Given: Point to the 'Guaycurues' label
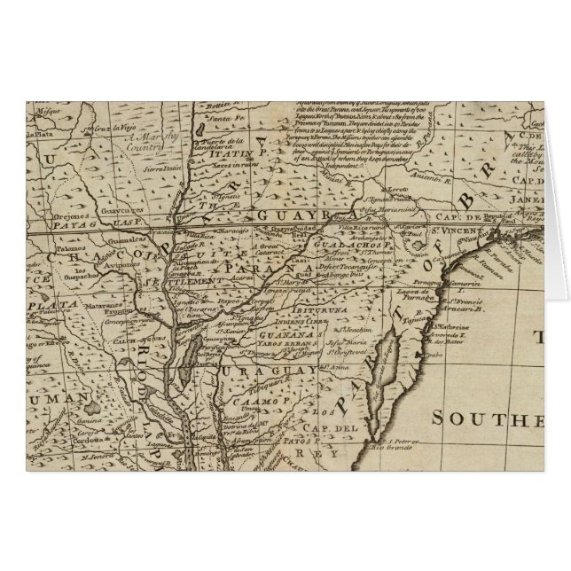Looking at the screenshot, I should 105,211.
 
